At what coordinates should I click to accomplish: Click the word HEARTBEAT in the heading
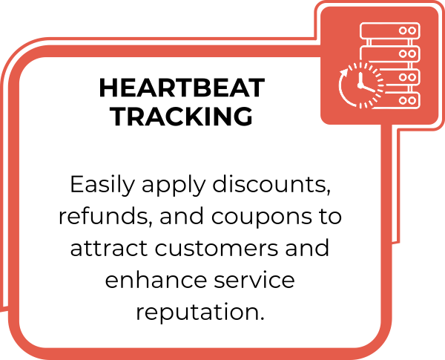tap(182, 88)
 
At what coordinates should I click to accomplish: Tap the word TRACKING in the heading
tap(182, 116)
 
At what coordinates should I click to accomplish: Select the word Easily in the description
tap(102, 185)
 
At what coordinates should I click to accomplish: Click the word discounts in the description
tap(271, 184)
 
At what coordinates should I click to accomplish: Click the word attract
tap(109, 248)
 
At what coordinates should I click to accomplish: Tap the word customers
tap(217, 248)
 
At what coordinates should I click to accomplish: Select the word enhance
tap(156, 279)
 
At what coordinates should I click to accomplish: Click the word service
tap(254, 279)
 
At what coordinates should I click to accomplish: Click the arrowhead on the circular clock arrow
tap(345, 71)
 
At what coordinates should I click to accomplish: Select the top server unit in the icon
tap(389, 30)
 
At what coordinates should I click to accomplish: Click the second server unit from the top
tap(389, 53)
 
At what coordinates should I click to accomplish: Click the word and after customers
tap(307, 247)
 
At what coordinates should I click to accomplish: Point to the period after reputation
tap(262, 318)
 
